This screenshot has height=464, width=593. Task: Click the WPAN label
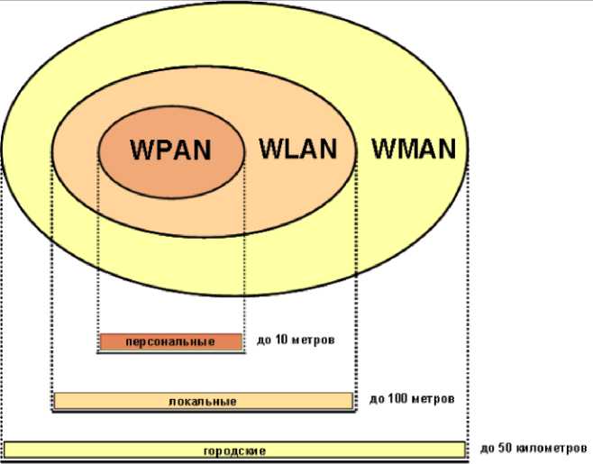point(170,150)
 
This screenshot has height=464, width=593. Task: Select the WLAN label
point(297,149)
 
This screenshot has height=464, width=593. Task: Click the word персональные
point(170,342)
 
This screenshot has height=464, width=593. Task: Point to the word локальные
point(203,401)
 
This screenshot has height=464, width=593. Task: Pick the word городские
point(234,450)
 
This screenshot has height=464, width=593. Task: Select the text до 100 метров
point(411,397)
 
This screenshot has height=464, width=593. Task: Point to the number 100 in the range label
point(397,397)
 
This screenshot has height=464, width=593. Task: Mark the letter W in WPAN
point(141,150)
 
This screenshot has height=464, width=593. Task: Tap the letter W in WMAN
point(382,149)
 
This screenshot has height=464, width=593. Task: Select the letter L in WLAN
point(286,149)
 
